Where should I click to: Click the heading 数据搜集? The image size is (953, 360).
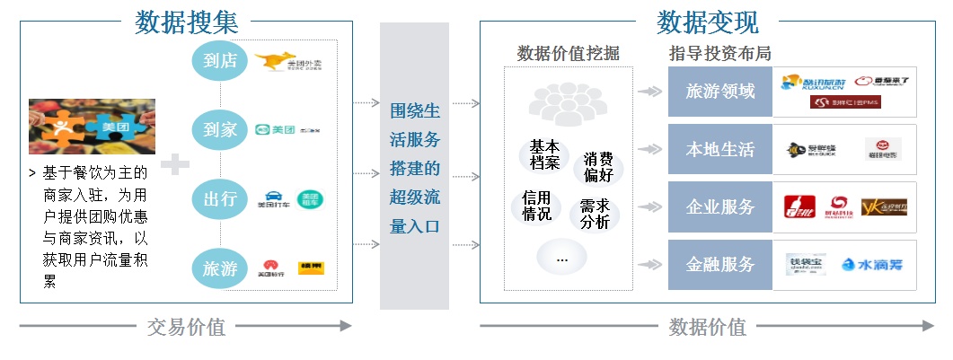pos(187,22)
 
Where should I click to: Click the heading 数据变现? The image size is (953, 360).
pos(708,22)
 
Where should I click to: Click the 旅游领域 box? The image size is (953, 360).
pos(719,92)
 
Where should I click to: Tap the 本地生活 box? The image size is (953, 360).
pos(719,150)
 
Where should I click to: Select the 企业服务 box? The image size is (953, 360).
pos(719,207)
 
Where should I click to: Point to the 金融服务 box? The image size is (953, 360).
pos(719,265)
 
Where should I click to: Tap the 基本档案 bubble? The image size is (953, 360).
pos(544,154)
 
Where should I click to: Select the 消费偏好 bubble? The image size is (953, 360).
pos(597,167)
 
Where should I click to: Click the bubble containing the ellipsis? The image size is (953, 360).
pos(563,259)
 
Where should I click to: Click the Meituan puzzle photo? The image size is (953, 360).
pos(92,127)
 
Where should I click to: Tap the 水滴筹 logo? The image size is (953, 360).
pos(871,265)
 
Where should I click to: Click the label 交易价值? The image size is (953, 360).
pos(186,327)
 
